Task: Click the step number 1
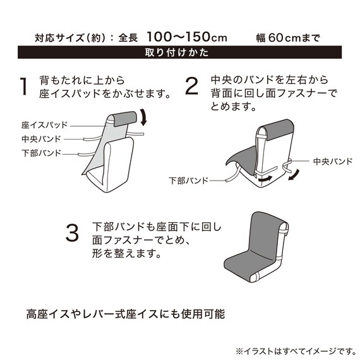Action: pyautogui.click(x=24, y=87)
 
